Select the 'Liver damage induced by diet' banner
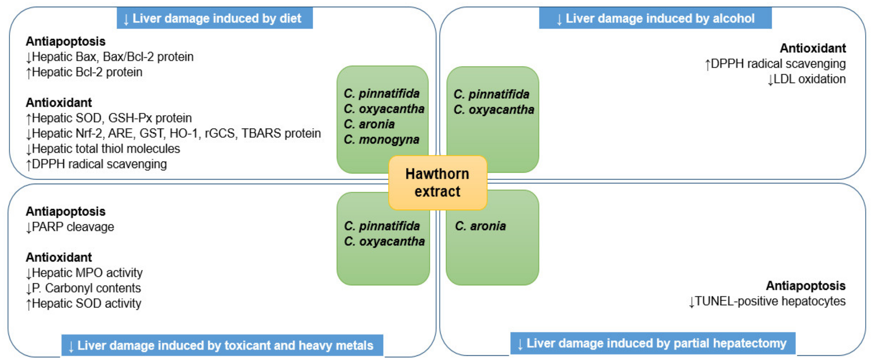click(215, 18)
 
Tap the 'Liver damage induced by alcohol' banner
click(655, 18)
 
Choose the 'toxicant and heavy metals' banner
click(222, 345)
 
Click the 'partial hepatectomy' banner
click(653, 343)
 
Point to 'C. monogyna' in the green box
click(382, 140)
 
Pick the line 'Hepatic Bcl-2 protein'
click(85, 72)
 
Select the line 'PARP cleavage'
click(70, 227)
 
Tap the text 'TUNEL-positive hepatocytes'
click(768, 301)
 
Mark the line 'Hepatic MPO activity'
click(85, 273)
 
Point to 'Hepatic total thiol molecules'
click(103, 149)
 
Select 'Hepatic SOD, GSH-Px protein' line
click(109, 118)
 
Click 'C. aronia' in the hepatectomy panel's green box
click(480, 226)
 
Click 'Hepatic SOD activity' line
click(84, 303)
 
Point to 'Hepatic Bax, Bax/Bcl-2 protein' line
click(110, 57)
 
